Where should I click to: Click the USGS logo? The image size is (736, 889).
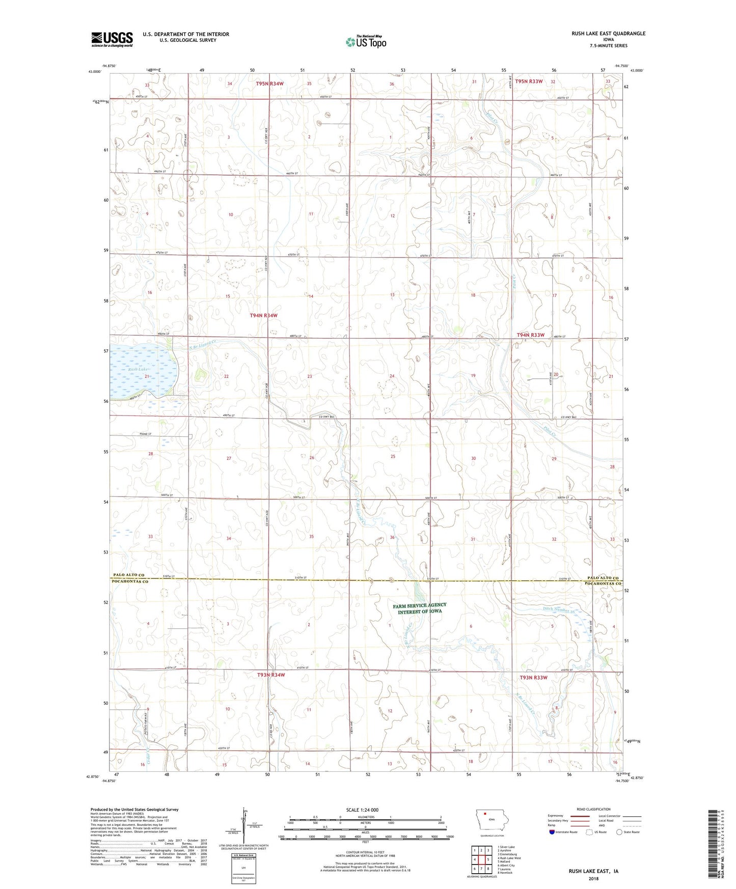(112, 39)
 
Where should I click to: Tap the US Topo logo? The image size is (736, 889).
(366, 42)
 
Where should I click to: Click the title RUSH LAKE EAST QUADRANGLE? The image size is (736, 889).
(608, 34)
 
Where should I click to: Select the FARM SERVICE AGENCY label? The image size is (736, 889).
(420, 605)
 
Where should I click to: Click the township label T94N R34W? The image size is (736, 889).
(263, 316)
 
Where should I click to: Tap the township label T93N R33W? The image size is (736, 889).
(533, 678)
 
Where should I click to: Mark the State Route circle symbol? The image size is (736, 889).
(620, 832)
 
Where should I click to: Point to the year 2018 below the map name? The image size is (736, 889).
(593, 878)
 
